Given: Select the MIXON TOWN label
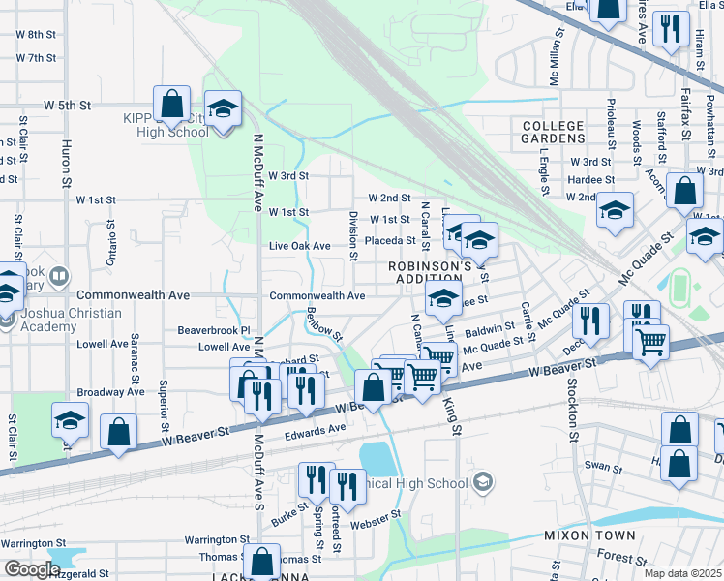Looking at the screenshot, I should click(589, 535).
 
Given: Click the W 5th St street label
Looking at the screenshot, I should click(67, 105).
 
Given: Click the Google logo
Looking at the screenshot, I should click(31, 568).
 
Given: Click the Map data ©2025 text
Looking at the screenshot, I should click(683, 573).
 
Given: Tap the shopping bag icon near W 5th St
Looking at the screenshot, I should click(171, 104).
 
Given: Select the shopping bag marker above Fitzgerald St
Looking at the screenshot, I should click(261, 561).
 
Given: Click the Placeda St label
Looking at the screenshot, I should click(390, 241).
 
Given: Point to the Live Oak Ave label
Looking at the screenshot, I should click(299, 247).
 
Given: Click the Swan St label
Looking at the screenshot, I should click(603, 467).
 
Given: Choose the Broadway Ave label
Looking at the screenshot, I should click(110, 393).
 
